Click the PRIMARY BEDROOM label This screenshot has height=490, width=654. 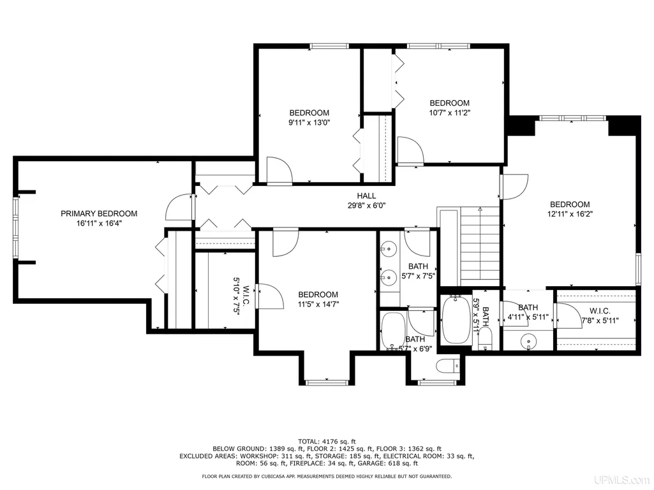[x=99, y=213]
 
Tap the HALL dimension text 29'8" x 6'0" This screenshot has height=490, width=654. [x=367, y=205]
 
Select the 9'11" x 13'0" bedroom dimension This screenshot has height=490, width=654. [x=309, y=122]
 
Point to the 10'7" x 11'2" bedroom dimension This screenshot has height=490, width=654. [x=450, y=113]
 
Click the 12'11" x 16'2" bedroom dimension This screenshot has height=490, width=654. [x=570, y=214]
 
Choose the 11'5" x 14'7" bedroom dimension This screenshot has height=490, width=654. [x=318, y=304]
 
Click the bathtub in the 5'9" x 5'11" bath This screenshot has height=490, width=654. [x=456, y=319]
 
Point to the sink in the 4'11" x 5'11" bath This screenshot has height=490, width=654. [x=528, y=342]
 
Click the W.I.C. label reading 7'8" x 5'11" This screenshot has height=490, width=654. [x=600, y=316]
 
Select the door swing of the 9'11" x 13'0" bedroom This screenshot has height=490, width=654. [x=279, y=170]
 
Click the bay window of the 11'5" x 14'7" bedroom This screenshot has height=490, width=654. [x=327, y=382]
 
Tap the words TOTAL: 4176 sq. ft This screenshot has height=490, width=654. [x=327, y=441]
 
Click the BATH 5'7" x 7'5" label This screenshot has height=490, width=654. [x=419, y=271]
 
